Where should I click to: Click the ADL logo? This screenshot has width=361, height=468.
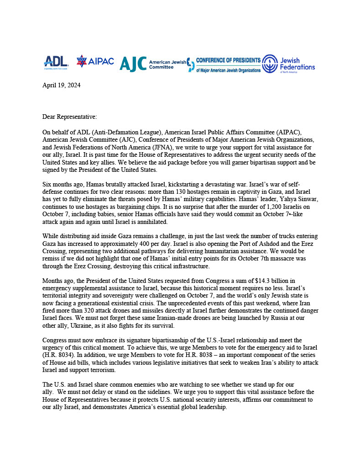tap(56, 62)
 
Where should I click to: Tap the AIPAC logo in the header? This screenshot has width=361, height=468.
tap(95, 61)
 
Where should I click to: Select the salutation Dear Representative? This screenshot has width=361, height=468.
tap(69, 117)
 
